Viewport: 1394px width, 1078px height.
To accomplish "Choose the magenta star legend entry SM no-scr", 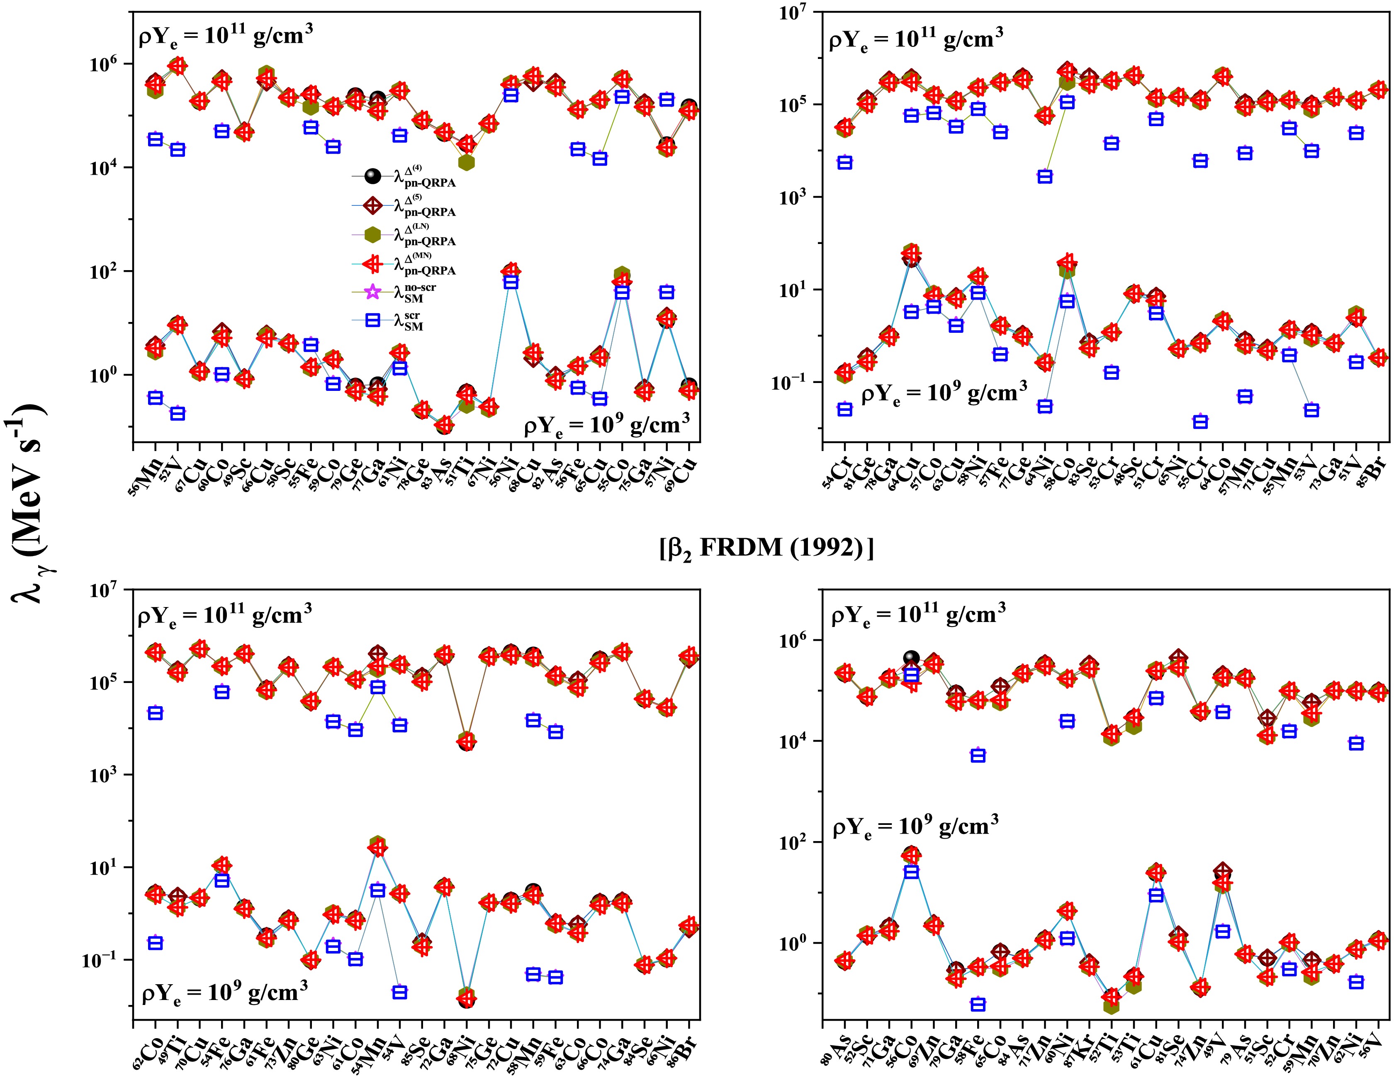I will point(373,293).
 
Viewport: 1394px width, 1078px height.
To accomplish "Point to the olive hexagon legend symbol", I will point(373,235).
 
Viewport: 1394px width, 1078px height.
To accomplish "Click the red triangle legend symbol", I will point(373,264).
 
